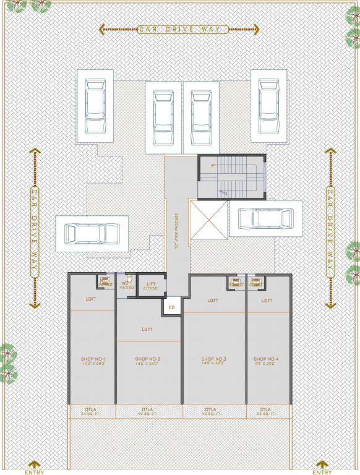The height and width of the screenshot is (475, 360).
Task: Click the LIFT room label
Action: coord(151,286)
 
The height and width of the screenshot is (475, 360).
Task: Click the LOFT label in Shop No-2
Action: coord(147,329)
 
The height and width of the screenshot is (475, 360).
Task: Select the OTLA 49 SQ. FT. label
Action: coord(147,411)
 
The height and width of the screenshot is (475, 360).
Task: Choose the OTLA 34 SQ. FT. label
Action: coord(92,411)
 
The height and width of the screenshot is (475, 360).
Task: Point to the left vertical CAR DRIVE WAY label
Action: coord(35,228)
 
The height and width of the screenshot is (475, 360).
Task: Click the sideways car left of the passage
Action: coord(92,234)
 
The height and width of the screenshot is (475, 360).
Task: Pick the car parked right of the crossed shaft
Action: coord(265,218)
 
